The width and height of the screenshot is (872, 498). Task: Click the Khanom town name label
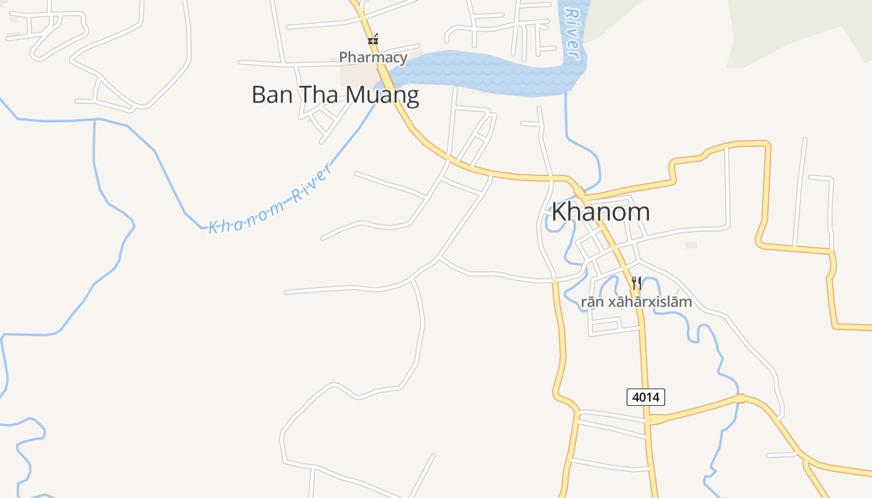click(x=600, y=212)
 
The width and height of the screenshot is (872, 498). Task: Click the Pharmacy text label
click(x=373, y=58)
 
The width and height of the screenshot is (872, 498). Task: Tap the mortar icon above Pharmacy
click(x=372, y=40)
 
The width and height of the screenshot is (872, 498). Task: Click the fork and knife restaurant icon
click(x=636, y=284)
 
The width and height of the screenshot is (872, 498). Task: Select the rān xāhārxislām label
click(x=637, y=303)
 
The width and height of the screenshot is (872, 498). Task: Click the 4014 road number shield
click(x=645, y=397)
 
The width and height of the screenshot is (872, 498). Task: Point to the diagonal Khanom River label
click(x=268, y=200)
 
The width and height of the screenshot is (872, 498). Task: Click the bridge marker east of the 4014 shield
click(x=739, y=398)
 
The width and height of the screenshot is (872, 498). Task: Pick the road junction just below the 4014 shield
click(x=648, y=421)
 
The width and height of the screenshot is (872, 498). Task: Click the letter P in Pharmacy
click(x=343, y=58)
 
